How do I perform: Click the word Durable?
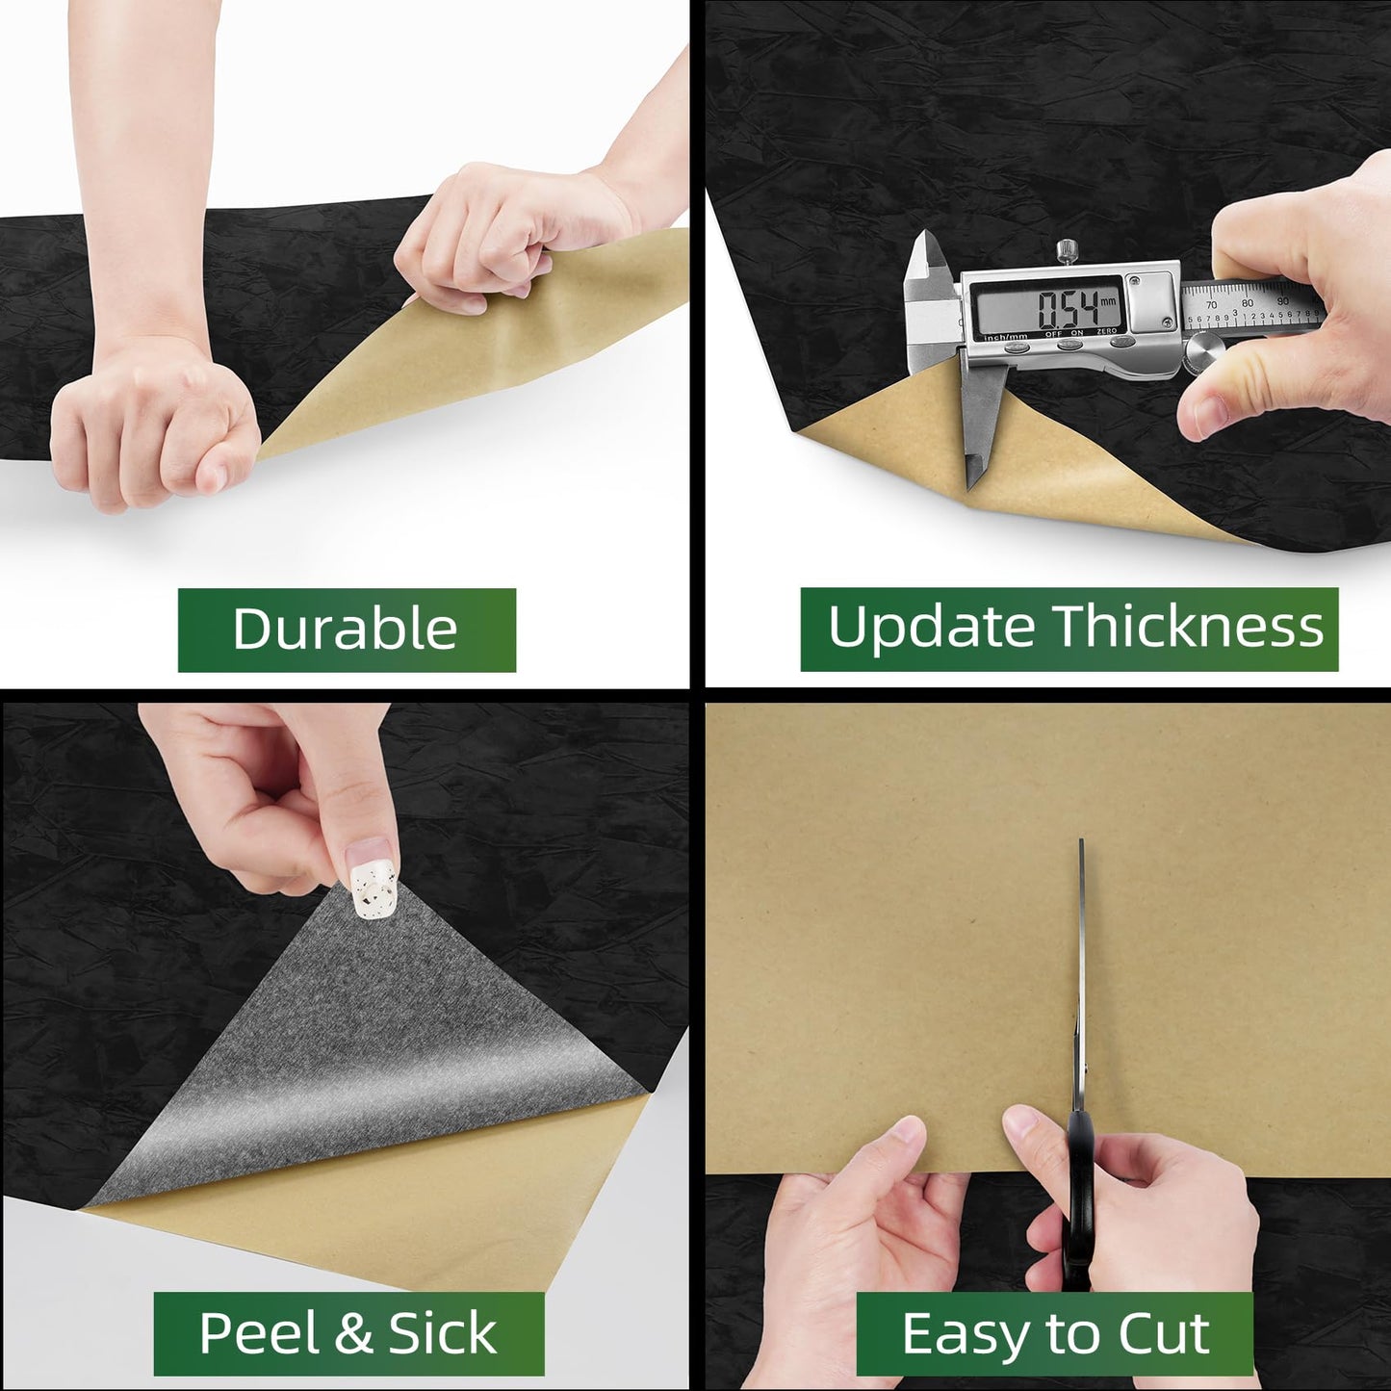pos(345,629)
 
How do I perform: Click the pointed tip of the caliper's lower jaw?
pos(970,488)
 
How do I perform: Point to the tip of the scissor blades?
pos(1081,840)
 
